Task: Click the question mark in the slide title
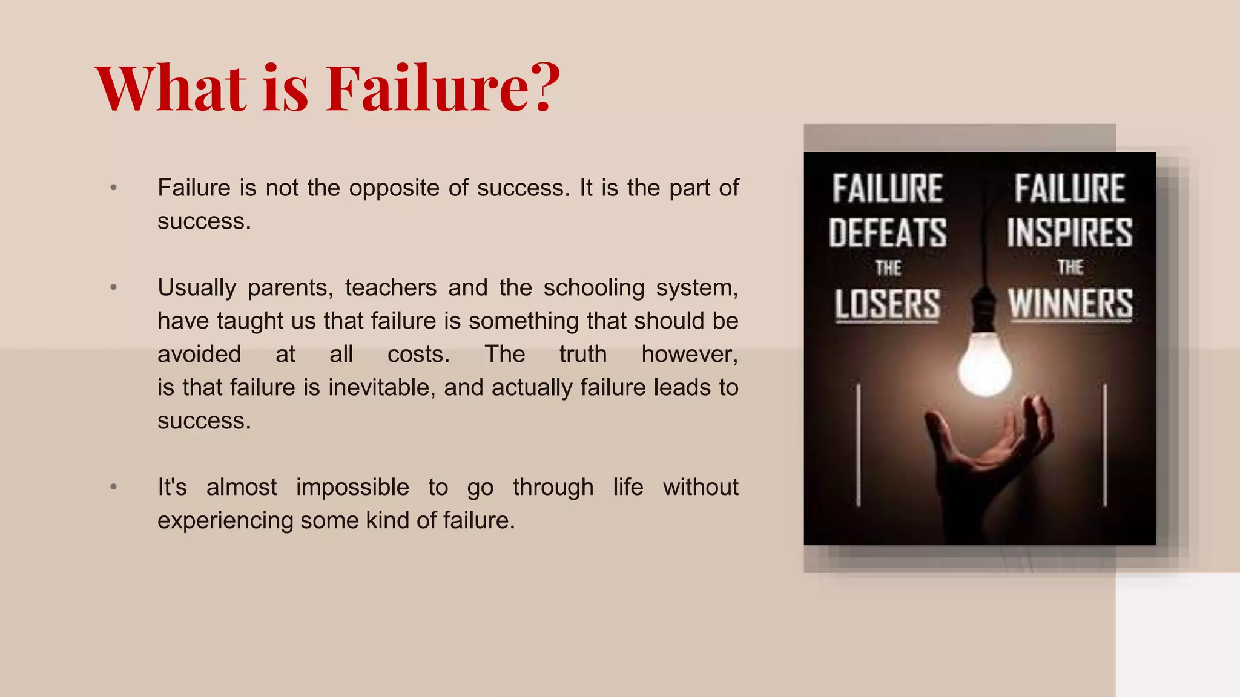pos(539,88)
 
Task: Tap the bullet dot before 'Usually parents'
pos(113,287)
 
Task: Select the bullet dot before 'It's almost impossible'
pos(113,487)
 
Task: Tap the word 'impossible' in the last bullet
pos(352,487)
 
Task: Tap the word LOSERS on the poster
pos(888,304)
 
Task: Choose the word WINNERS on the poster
pos(1070,304)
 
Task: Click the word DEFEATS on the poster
pos(888,233)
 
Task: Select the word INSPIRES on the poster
pos(1070,233)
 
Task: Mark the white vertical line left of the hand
pos(858,445)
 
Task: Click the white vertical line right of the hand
pos(1105,445)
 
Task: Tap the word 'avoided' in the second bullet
pos(199,354)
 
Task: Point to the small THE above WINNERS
pos(1070,267)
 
